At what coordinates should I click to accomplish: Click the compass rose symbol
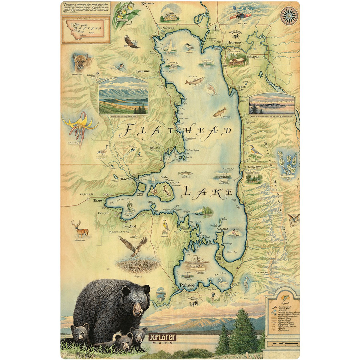click(x=289, y=16)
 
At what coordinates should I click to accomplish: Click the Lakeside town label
click(x=143, y=71)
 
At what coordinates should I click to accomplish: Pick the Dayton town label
click(x=126, y=178)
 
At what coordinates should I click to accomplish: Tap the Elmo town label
click(x=98, y=200)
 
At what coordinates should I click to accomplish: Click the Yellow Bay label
click(x=252, y=167)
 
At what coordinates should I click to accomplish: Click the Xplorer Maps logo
click(x=162, y=338)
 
